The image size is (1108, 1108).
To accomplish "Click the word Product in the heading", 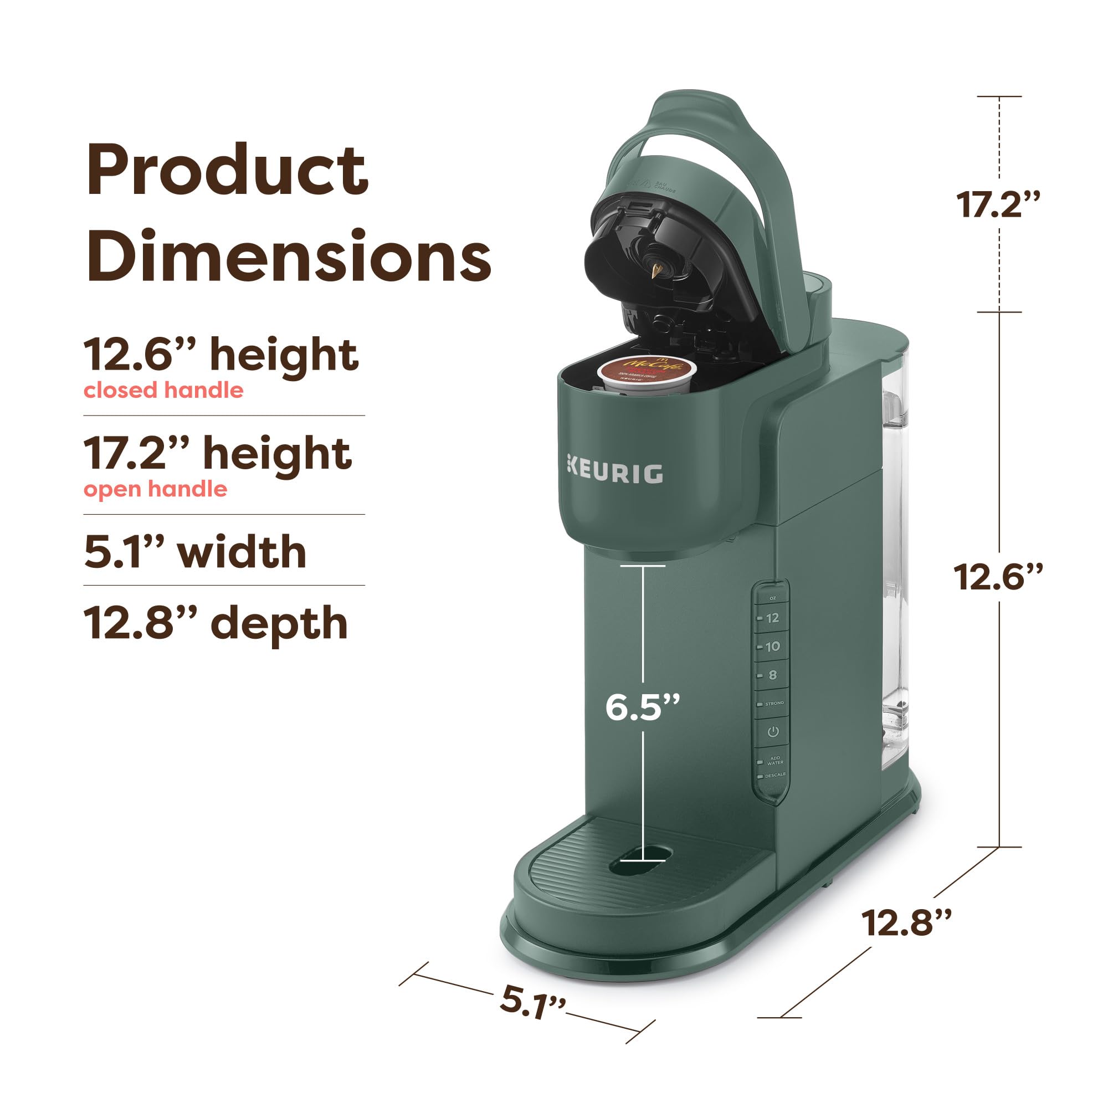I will [x=227, y=171].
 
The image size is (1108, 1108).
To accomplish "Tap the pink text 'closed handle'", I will [x=163, y=391].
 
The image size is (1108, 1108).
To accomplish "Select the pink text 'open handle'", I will [x=156, y=489].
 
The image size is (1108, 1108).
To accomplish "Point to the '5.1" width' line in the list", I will [x=195, y=552].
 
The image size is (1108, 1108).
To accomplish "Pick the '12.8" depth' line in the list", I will [x=216, y=623].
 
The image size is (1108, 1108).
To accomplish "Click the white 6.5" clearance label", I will [x=642, y=707].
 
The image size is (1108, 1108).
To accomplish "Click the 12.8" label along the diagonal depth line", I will [x=906, y=923].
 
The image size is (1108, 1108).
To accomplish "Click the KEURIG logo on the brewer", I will [x=615, y=473].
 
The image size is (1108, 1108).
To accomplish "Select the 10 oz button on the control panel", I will [x=771, y=647].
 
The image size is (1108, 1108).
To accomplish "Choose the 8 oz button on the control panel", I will [x=771, y=675].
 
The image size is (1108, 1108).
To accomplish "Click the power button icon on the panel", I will [x=772, y=732].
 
